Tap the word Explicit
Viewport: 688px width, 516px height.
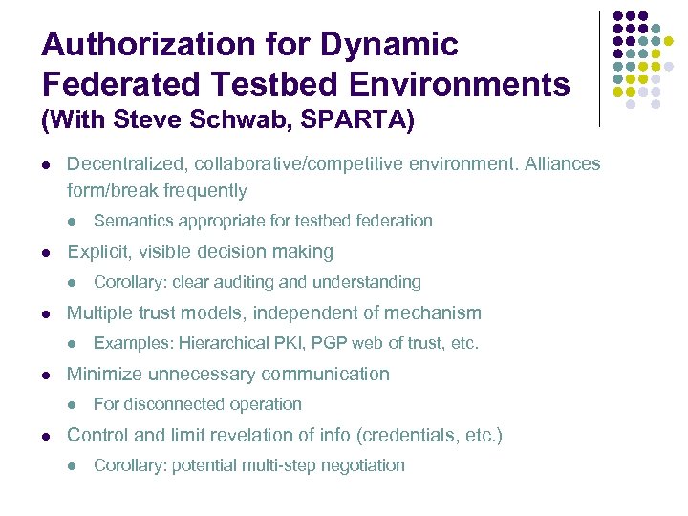click(x=100, y=252)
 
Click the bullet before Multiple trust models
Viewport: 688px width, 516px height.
click(x=47, y=313)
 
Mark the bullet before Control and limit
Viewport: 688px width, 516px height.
click(x=47, y=436)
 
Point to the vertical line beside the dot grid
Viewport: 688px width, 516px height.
click(x=599, y=69)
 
